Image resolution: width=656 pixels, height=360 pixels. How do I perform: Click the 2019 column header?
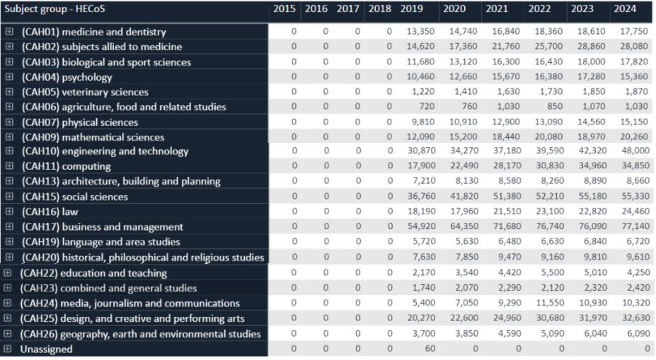[x=411, y=8]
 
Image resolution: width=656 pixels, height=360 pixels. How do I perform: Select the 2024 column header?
[x=625, y=8]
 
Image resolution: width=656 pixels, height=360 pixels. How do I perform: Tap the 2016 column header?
[x=316, y=8]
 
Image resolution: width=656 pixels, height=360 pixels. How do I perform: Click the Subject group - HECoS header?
[x=54, y=8]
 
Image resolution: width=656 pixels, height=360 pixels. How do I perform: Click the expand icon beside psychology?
[x=9, y=77]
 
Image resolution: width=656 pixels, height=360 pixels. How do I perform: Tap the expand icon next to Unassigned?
[x=8, y=349]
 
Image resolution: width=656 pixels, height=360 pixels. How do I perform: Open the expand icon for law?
[x=9, y=211]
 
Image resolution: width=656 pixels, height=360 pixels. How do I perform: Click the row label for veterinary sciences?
[x=85, y=92]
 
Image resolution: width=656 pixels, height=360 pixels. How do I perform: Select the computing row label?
[x=66, y=166]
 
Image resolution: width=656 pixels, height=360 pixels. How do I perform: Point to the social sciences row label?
[x=74, y=197]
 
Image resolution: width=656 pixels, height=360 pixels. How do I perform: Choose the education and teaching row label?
[x=93, y=273]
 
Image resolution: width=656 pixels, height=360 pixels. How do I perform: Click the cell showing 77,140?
[x=635, y=226]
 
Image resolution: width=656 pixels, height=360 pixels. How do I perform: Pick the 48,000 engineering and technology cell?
[x=635, y=151]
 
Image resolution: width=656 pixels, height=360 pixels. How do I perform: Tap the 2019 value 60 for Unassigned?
[x=430, y=348]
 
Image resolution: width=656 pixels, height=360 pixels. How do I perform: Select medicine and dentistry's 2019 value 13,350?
[x=420, y=31]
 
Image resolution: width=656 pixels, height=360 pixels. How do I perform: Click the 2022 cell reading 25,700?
[x=548, y=46]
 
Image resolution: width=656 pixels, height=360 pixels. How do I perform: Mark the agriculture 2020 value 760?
[x=469, y=107]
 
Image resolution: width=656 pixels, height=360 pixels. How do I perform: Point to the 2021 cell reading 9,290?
[x=509, y=303]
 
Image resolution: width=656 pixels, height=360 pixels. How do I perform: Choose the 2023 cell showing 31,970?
[x=592, y=318]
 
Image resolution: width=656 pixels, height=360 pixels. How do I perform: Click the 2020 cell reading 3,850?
[x=466, y=333]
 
